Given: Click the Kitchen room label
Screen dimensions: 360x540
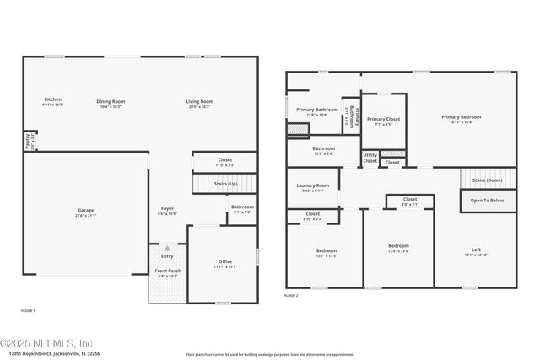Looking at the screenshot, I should tap(53, 100).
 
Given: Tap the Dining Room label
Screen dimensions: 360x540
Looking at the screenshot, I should tap(111, 101).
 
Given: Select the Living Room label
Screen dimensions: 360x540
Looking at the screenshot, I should tap(200, 101).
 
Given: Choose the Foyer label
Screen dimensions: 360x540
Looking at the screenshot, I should tap(168, 208).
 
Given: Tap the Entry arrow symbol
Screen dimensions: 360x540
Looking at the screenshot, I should tap(167, 249).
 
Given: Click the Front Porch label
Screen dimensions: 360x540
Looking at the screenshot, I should tap(167, 271).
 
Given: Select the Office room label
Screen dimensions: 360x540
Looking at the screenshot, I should tap(224, 261).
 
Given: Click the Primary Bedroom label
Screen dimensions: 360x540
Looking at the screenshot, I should tap(462, 116).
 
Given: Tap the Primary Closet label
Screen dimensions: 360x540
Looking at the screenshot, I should tap(383, 119).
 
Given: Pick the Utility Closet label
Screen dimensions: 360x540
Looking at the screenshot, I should tap(370, 157).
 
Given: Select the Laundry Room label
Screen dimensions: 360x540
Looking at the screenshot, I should tap(313, 186).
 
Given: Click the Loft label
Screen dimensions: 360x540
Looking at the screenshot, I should tap(475, 250).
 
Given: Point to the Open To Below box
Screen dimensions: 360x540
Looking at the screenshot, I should tap(487, 201).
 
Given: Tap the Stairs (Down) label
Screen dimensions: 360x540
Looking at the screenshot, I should tap(487, 180).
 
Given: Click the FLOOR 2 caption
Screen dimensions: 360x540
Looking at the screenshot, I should tap(291, 297).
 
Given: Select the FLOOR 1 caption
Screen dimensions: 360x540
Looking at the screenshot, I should tap(28, 311).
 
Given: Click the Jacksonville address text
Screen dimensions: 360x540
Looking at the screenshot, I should tap(43, 355).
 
